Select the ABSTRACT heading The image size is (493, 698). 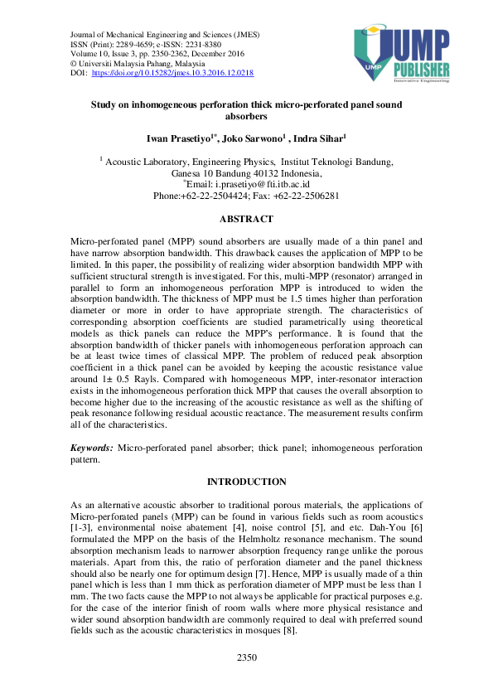coord(245,219)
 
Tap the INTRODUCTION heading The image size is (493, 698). coord(246,482)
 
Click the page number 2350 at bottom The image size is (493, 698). coord(246,681)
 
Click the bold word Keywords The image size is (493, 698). coord(92,447)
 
